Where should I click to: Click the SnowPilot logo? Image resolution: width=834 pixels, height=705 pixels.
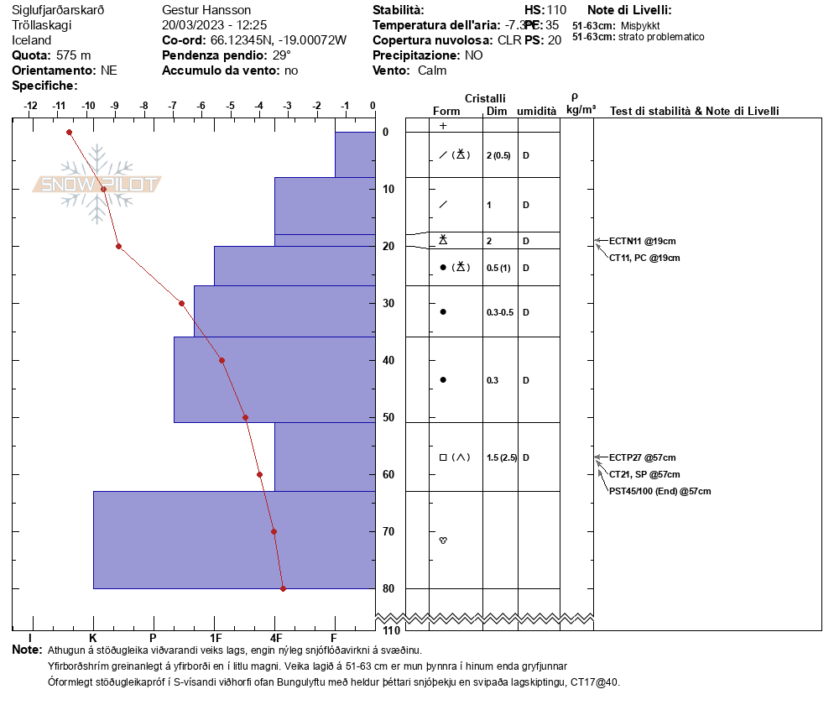(x=97, y=184)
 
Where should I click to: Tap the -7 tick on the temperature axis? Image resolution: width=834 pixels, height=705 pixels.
(x=173, y=106)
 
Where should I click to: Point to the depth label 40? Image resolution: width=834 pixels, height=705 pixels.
(x=389, y=361)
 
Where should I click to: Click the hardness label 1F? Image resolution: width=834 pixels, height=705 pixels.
(x=216, y=638)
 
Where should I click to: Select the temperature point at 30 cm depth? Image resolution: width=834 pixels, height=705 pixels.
(x=181, y=303)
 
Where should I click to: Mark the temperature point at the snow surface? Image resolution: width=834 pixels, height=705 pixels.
(x=69, y=132)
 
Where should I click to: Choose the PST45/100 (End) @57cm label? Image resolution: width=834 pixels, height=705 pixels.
(x=659, y=491)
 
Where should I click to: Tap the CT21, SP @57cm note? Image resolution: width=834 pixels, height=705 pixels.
(x=644, y=474)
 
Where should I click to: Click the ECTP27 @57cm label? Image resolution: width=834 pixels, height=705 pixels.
(x=642, y=457)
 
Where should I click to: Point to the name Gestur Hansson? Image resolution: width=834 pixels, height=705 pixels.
(x=206, y=10)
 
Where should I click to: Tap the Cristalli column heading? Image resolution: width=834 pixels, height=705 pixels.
(x=485, y=99)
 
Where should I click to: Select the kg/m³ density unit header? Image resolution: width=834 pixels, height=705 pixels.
(x=581, y=110)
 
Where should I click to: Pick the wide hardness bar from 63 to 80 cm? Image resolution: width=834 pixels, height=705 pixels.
(x=234, y=540)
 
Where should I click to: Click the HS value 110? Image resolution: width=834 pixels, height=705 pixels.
(x=556, y=10)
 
